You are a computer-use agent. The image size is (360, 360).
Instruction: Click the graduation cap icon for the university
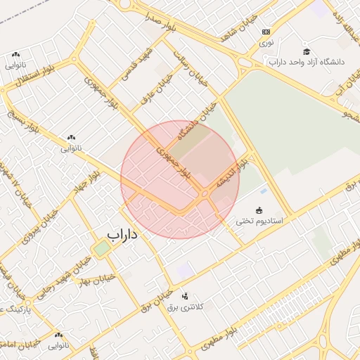[306, 51]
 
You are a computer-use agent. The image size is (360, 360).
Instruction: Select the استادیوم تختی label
[258, 221]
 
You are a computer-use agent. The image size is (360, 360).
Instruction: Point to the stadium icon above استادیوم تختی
[258, 210]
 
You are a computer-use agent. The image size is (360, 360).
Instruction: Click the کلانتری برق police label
[184, 307]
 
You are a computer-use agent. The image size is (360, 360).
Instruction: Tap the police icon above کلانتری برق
[185, 296]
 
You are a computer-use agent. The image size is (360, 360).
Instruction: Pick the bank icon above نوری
[266, 32]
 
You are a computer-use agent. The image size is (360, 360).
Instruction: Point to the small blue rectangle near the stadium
[263, 191]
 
